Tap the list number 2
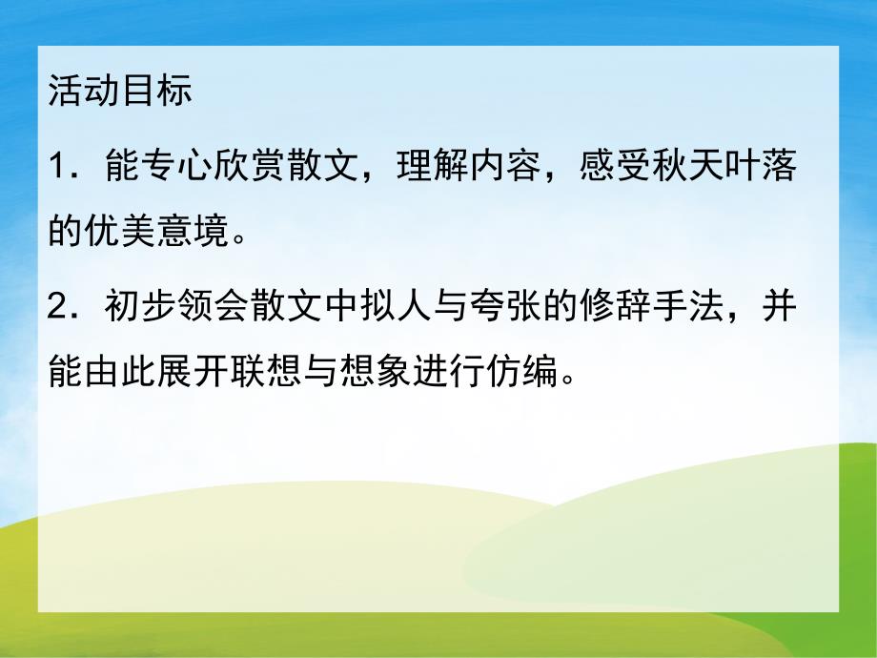tap(58, 311)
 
